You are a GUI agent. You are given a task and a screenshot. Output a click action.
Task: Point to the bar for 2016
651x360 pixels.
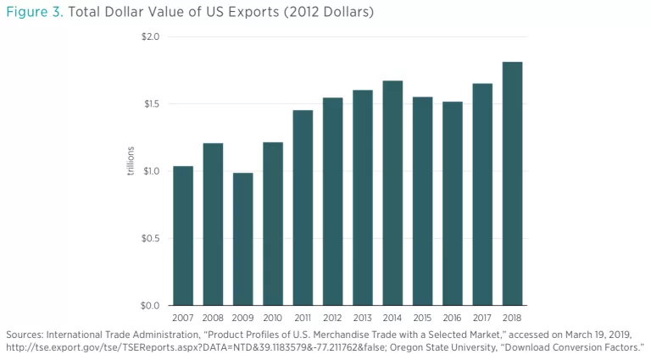pyautogui.click(x=452, y=203)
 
